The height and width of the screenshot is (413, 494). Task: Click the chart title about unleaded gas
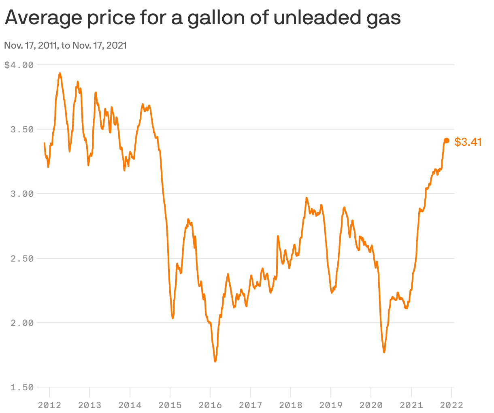[202, 18]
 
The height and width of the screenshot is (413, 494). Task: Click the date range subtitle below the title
[65, 45]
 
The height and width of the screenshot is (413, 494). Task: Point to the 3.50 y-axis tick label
[22, 130]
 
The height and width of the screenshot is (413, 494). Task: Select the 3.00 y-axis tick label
[22, 194]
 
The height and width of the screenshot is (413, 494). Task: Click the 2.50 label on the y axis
[22, 258]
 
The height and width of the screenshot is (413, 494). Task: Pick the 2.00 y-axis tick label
[22, 323]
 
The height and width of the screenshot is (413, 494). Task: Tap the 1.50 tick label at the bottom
[22, 387]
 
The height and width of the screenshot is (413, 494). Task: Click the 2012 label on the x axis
[49, 405]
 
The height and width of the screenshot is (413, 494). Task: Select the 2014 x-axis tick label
[130, 405]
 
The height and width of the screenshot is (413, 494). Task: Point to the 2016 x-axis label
[210, 405]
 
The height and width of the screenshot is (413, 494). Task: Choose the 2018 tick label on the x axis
[291, 405]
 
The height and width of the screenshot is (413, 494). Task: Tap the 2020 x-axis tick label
[371, 405]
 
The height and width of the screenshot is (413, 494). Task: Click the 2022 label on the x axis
[451, 405]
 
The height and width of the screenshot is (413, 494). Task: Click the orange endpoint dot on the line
[447, 141]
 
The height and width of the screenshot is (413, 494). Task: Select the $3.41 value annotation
[468, 142]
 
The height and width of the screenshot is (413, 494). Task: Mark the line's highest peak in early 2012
[60, 74]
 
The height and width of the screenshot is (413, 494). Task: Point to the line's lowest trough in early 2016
[215, 361]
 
